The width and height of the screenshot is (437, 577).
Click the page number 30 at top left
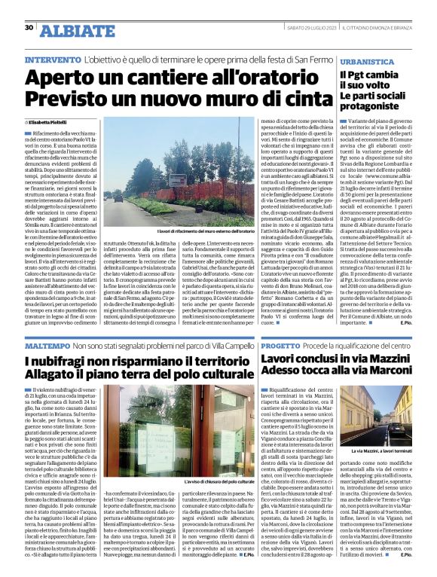(29, 28)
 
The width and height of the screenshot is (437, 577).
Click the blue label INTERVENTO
(52, 60)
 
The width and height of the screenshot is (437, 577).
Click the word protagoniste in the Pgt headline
(371, 105)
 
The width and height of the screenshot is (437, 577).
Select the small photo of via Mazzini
(398, 417)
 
